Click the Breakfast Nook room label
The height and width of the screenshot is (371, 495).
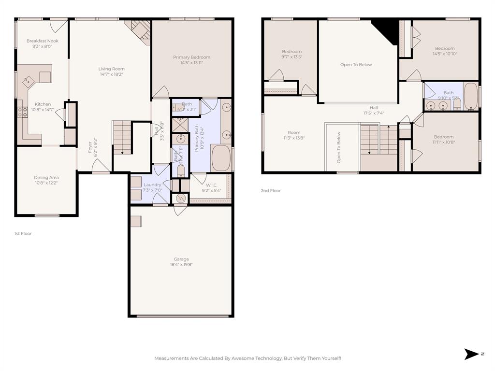43,41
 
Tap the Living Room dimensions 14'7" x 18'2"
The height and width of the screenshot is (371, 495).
112,74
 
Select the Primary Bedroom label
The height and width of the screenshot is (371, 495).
192,57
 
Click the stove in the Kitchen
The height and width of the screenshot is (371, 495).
22,112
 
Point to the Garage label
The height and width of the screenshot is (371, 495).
181,259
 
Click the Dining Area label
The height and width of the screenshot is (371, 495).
46,178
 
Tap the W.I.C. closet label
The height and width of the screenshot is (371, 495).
211,185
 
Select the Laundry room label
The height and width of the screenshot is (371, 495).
152,185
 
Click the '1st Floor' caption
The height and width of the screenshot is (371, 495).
23,233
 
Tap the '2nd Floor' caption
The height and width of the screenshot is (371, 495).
271,191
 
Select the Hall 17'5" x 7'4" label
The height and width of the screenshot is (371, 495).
374,108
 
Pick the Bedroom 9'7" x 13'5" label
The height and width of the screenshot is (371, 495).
291,52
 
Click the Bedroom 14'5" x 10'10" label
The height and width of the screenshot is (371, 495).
444,48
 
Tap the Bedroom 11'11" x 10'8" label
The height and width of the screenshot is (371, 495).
443,137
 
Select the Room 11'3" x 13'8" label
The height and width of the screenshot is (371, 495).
294,132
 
